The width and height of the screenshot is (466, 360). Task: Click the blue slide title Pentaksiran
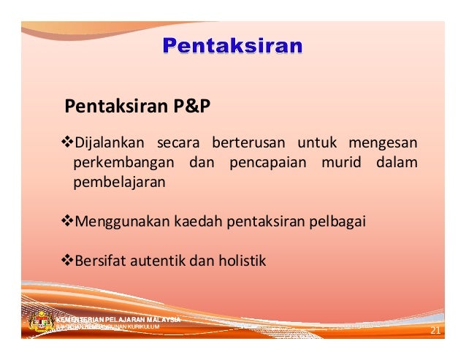(x=232, y=47)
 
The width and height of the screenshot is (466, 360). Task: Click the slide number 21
(x=435, y=332)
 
